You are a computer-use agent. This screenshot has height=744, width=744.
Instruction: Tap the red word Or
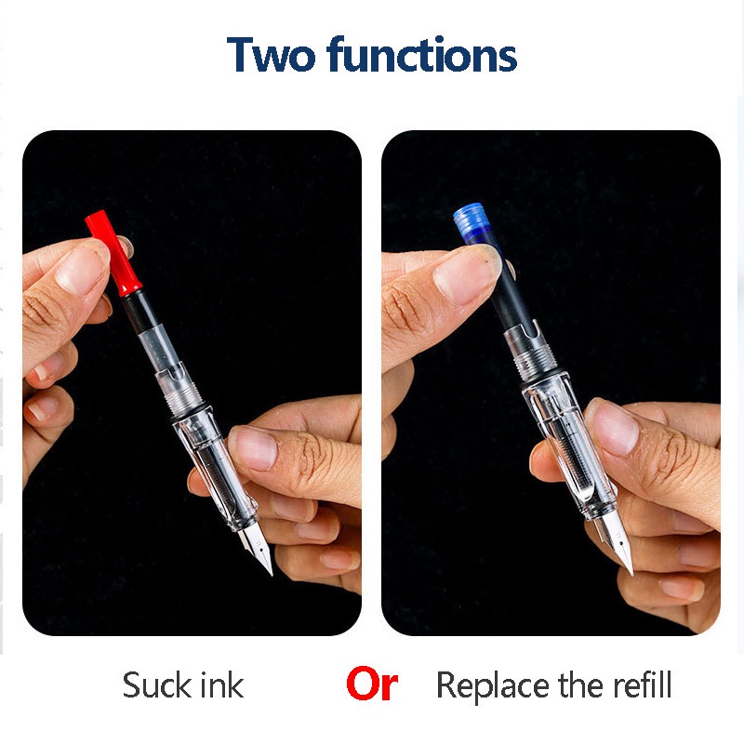click(x=372, y=685)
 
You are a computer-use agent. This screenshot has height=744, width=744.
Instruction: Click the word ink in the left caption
click(x=220, y=685)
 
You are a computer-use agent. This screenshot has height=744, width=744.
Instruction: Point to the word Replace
click(x=493, y=685)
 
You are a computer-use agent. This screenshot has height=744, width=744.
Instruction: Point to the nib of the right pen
click(x=618, y=549)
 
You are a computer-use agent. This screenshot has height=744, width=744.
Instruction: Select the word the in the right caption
click(x=581, y=685)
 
